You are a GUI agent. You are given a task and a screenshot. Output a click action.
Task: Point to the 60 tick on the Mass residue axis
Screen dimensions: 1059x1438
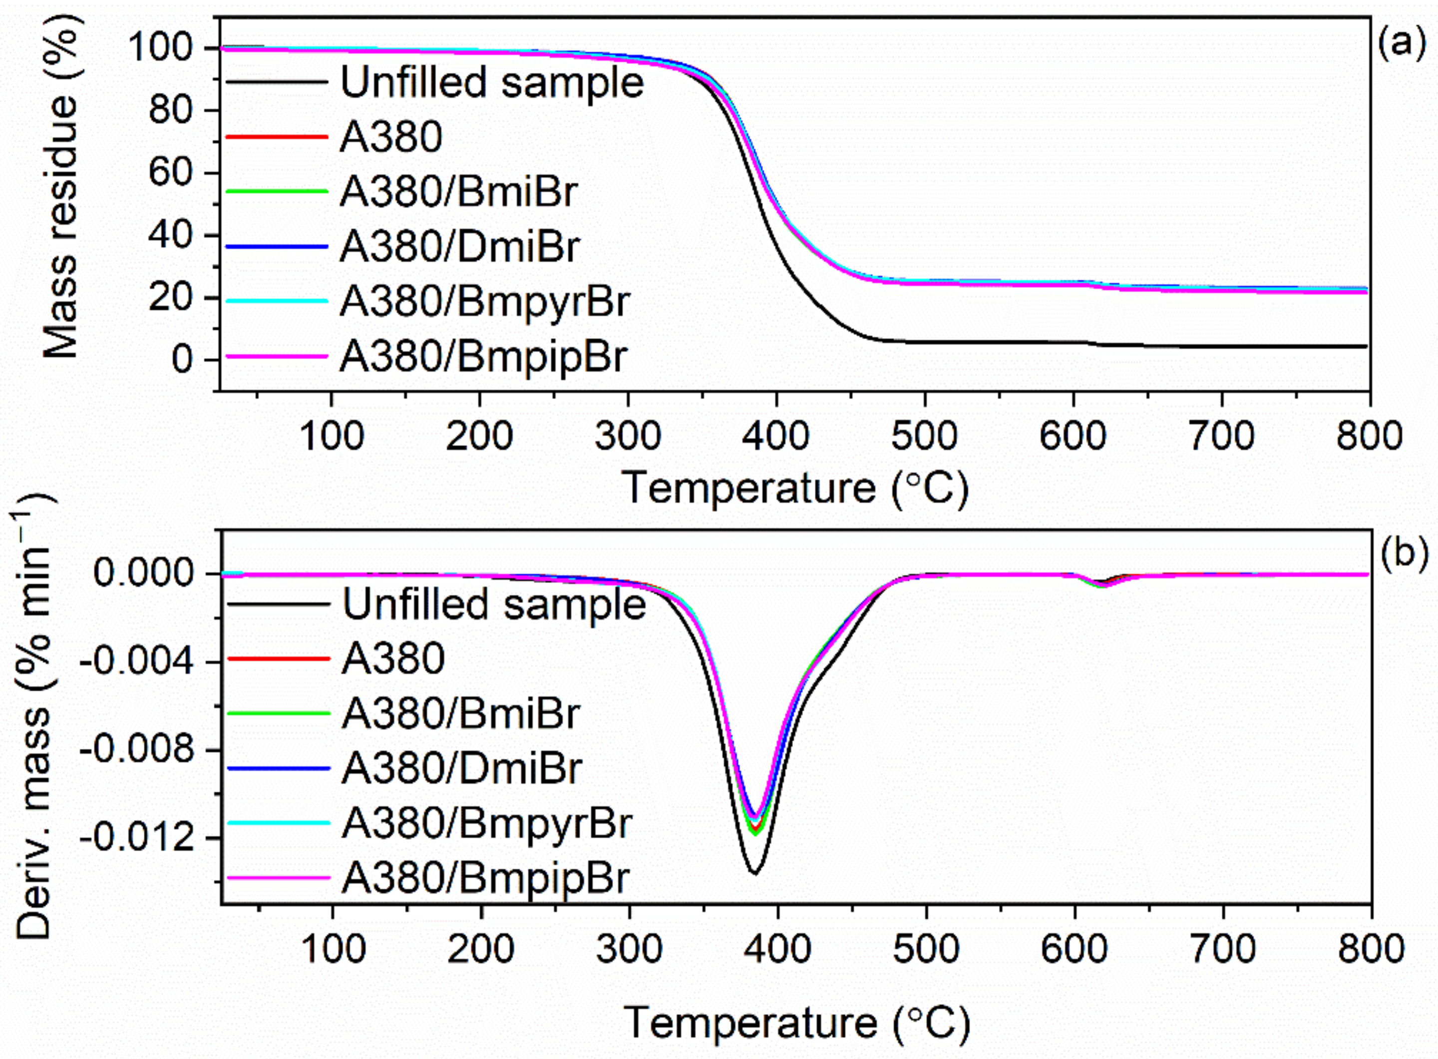(169, 172)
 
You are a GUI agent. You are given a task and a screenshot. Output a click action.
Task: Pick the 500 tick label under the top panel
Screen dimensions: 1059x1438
(925, 437)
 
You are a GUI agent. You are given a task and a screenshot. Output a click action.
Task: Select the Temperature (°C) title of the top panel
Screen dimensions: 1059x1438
(794, 488)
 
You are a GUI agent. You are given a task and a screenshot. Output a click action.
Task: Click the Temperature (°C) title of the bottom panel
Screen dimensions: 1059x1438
(796, 1022)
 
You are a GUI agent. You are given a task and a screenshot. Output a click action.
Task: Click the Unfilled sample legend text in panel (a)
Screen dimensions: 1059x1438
(491, 83)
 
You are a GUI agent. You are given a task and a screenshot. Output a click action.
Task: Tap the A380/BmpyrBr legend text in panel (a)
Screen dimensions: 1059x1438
(484, 301)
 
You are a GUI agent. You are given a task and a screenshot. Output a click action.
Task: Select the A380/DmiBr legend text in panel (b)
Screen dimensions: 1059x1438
(461, 767)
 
